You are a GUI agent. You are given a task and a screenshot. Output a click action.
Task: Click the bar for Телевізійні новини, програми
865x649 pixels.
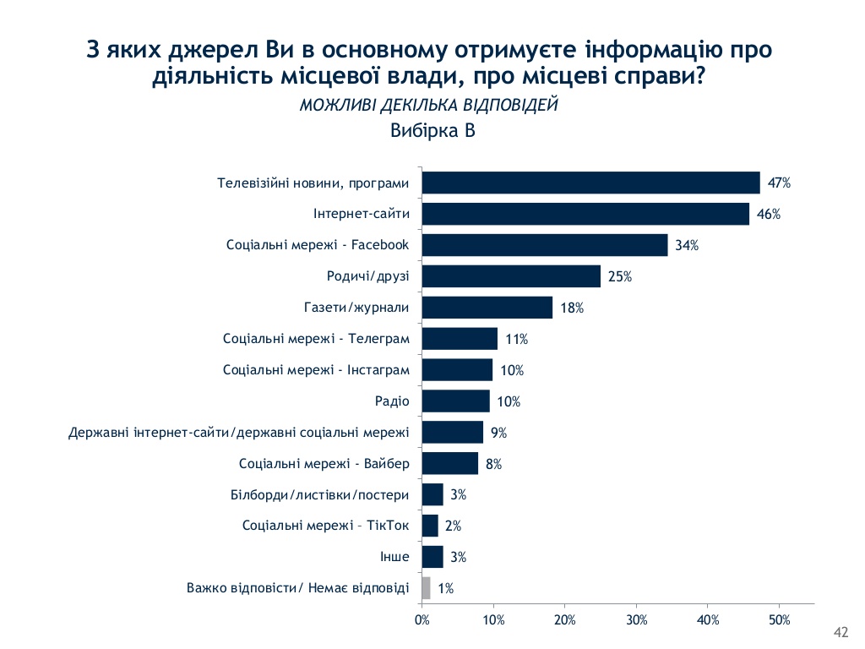coord(590,183)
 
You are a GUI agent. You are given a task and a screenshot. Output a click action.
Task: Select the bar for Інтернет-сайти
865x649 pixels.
coord(585,214)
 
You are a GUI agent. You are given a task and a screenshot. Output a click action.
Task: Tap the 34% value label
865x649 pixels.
coord(686,245)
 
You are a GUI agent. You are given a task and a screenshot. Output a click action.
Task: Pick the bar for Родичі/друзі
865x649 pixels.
coord(511,276)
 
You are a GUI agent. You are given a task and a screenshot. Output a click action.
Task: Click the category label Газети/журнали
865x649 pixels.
coord(356,308)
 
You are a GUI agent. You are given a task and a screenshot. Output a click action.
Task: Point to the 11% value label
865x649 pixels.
coord(516,339)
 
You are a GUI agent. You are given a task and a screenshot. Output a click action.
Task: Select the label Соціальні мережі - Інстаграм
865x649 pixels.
coord(317,370)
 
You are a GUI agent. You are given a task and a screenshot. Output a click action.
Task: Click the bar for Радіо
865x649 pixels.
coord(455,401)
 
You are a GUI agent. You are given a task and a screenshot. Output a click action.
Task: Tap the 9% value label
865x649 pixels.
coord(498,433)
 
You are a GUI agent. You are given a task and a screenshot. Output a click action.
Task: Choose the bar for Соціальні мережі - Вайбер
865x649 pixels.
coord(449,463)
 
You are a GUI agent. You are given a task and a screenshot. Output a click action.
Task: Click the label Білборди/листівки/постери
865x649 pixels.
coord(320,494)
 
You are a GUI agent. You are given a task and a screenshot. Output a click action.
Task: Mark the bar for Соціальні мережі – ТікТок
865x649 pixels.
coord(430,526)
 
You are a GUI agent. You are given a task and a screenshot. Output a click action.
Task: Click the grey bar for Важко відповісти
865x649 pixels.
coord(426,588)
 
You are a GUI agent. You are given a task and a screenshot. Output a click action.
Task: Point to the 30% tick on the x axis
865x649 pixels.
coord(636,620)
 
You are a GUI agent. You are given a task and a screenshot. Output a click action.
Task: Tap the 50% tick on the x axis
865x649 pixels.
coord(779,620)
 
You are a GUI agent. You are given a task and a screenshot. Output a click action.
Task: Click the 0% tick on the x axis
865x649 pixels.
coord(422,620)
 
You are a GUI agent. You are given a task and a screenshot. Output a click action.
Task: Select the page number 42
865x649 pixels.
coord(840,633)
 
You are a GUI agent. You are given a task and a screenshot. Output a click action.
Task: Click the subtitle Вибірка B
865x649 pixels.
coord(432,131)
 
